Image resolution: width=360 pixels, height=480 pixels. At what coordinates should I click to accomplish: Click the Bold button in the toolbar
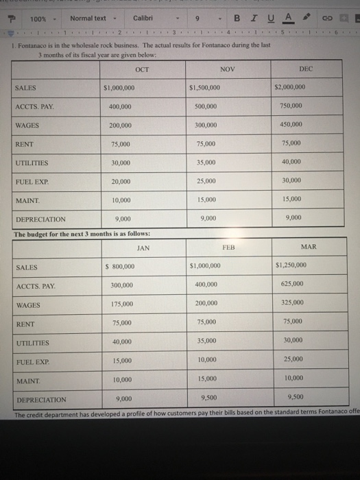(x=238, y=18)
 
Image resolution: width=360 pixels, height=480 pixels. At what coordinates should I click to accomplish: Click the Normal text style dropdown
(x=92, y=18)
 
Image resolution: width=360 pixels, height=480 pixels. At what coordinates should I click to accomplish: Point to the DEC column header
(x=306, y=69)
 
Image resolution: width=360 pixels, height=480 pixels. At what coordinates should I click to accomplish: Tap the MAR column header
(x=309, y=247)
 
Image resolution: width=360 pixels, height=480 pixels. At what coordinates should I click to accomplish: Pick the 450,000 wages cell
(x=291, y=125)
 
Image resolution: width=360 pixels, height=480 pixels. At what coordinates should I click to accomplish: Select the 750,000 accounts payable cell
(x=291, y=106)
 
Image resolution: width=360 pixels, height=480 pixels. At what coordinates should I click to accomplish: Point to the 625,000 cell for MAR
(x=291, y=285)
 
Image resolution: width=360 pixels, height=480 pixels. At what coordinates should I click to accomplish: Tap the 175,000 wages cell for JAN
(x=123, y=304)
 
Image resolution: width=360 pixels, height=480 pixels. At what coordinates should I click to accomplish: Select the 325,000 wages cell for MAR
(x=291, y=302)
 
